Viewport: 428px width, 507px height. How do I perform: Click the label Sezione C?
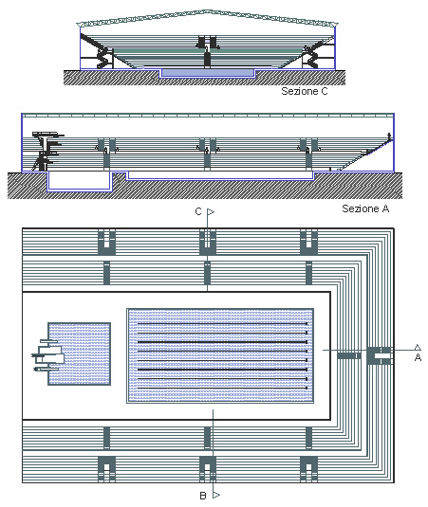click(306, 92)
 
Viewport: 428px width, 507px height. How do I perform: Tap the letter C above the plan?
click(198, 212)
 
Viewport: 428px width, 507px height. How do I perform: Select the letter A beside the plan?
click(418, 358)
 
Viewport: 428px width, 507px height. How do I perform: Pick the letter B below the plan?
click(202, 495)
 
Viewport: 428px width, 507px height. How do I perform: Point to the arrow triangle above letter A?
click(418, 347)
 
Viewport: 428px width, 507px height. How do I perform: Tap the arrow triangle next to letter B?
click(215, 495)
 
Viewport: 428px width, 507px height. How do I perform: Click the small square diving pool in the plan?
click(77, 353)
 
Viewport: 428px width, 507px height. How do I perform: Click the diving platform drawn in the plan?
click(46, 355)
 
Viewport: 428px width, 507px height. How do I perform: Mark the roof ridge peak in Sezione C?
click(206, 12)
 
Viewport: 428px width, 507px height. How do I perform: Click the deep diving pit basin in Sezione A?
click(80, 178)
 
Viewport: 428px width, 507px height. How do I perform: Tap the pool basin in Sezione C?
click(206, 71)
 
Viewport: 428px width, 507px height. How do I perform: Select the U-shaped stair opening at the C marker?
click(207, 241)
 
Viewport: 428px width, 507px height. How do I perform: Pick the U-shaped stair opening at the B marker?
click(207, 468)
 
